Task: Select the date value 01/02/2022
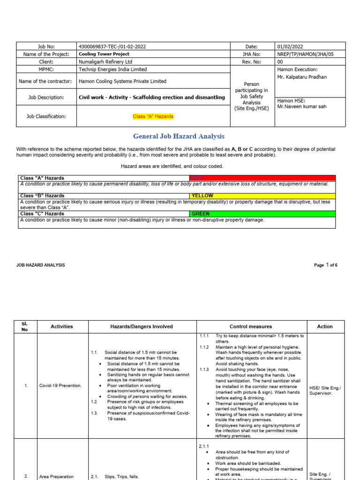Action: pos(290,46)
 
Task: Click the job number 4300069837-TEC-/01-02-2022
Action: pos(113,46)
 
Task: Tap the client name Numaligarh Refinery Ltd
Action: pos(105,61)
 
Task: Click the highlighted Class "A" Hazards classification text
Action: pos(153,116)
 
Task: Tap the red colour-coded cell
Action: pos(262,178)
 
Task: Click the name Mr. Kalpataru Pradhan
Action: pos(302,77)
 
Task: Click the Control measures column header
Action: pos(251,326)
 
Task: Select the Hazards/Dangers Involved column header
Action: pos(142,326)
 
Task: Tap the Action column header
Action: pos(324,326)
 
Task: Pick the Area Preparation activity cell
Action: pos(56,476)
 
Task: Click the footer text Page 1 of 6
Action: pos(325,265)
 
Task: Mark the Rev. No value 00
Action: pos(280,61)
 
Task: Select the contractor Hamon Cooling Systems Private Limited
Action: pos(122,81)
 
